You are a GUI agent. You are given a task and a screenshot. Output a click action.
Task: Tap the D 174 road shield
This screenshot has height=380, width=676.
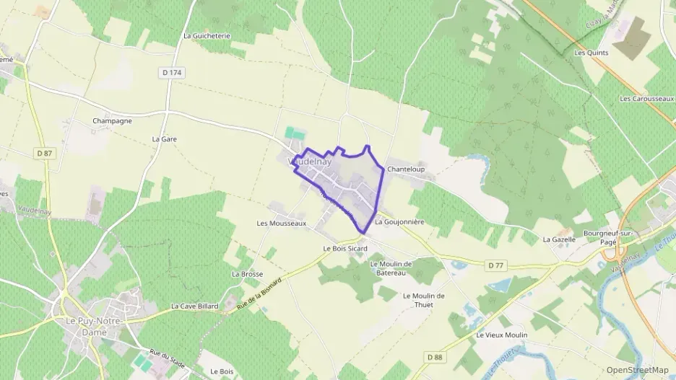(172, 72)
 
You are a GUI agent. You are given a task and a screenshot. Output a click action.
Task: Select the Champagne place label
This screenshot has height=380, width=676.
(112, 120)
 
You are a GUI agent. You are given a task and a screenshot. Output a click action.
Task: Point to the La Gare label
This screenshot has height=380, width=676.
(165, 138)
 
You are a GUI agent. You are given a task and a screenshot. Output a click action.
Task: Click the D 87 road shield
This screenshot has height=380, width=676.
(45, 153)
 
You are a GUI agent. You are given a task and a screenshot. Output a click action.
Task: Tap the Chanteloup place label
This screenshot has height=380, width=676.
(405, 169)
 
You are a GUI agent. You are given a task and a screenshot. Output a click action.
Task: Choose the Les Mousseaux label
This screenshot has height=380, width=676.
(282, 223)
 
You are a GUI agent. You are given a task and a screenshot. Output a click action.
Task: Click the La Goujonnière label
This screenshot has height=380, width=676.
(399, 222)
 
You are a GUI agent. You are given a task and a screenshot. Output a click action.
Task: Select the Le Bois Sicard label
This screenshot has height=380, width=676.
(345, 248)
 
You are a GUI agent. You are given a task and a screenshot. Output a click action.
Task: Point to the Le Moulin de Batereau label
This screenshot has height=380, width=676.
(391, 268)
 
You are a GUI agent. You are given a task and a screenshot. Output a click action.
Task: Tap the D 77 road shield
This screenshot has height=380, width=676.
(495, 265)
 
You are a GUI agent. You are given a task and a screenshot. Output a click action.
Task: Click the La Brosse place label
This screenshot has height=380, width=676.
(247, 274)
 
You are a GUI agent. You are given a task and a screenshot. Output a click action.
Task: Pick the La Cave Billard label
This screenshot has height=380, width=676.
(195, 306)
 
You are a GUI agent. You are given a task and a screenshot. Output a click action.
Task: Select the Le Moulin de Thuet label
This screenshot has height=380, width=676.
(424, 299)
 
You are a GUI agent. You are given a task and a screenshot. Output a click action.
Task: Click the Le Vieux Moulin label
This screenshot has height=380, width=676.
(502, 335)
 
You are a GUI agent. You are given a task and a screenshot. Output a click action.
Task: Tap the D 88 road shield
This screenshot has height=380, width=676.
(434, 357)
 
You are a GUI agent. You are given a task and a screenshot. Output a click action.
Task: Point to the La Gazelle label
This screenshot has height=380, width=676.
(559, 239)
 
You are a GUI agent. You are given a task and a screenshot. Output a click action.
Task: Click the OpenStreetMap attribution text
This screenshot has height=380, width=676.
(638, 370)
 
